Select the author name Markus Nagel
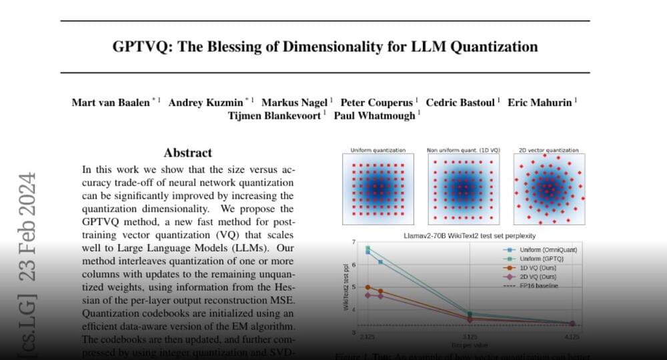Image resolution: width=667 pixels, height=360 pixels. click(294, 103)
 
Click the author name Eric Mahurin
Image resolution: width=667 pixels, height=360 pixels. click(540, 103)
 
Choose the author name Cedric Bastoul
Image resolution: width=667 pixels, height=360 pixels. click(462, 103)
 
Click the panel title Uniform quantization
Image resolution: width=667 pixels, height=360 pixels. click(378, 151)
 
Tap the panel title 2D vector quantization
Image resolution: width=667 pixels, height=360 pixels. click(548, 151)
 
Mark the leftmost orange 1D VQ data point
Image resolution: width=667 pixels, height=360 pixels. click(368, 287)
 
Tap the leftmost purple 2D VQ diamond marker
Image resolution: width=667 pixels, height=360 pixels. click(368, 295)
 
